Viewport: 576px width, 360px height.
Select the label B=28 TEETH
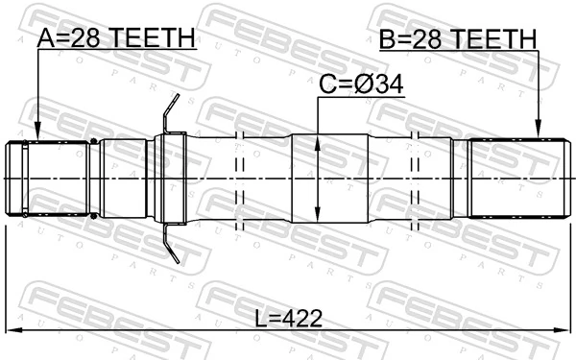[457, 38]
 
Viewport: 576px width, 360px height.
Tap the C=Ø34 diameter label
[360, 85]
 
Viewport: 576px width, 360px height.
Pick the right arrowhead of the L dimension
[560, 333]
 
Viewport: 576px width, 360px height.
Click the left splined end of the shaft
[48, 180]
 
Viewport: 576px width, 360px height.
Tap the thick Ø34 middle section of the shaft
[329, 180]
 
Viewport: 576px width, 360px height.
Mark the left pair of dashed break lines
[240, 180]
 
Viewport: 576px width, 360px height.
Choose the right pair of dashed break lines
[418, 180]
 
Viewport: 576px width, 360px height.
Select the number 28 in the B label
[429, 38]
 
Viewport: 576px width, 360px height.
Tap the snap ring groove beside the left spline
[93, 180]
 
